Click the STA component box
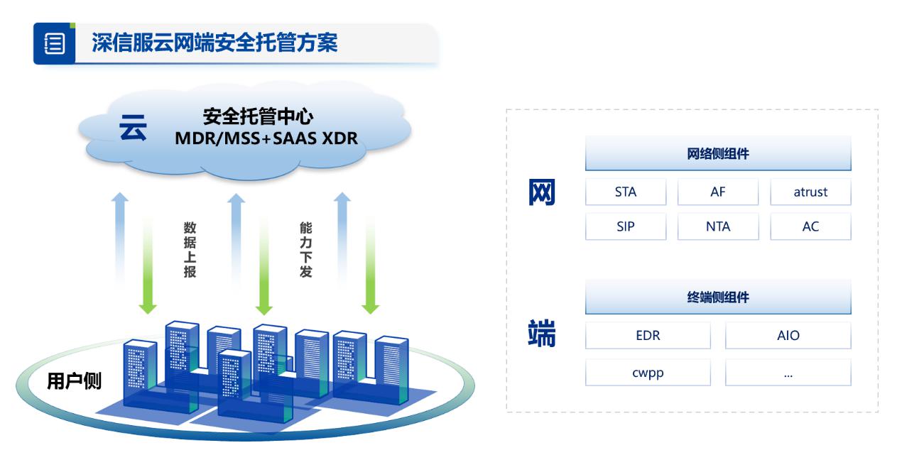coord(626,192)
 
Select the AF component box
coord(718,192)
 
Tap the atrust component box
coord(810,192)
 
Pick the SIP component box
coord(626,226)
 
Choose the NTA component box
coord(718,226)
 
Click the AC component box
coord(810,226)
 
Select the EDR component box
coord(648,335)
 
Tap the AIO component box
coord(788,335)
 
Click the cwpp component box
coord(648,373)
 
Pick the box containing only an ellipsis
coord(788,373)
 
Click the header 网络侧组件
coord(718,154)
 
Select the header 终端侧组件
coord(718,297)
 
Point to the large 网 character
coord(542,192)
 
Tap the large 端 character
coord(542,334)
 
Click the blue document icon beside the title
coord(55,43)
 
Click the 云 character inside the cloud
coord(133,128)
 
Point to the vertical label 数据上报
coord(190,249)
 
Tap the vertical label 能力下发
coord(305,249)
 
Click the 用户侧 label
coord(74,381)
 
